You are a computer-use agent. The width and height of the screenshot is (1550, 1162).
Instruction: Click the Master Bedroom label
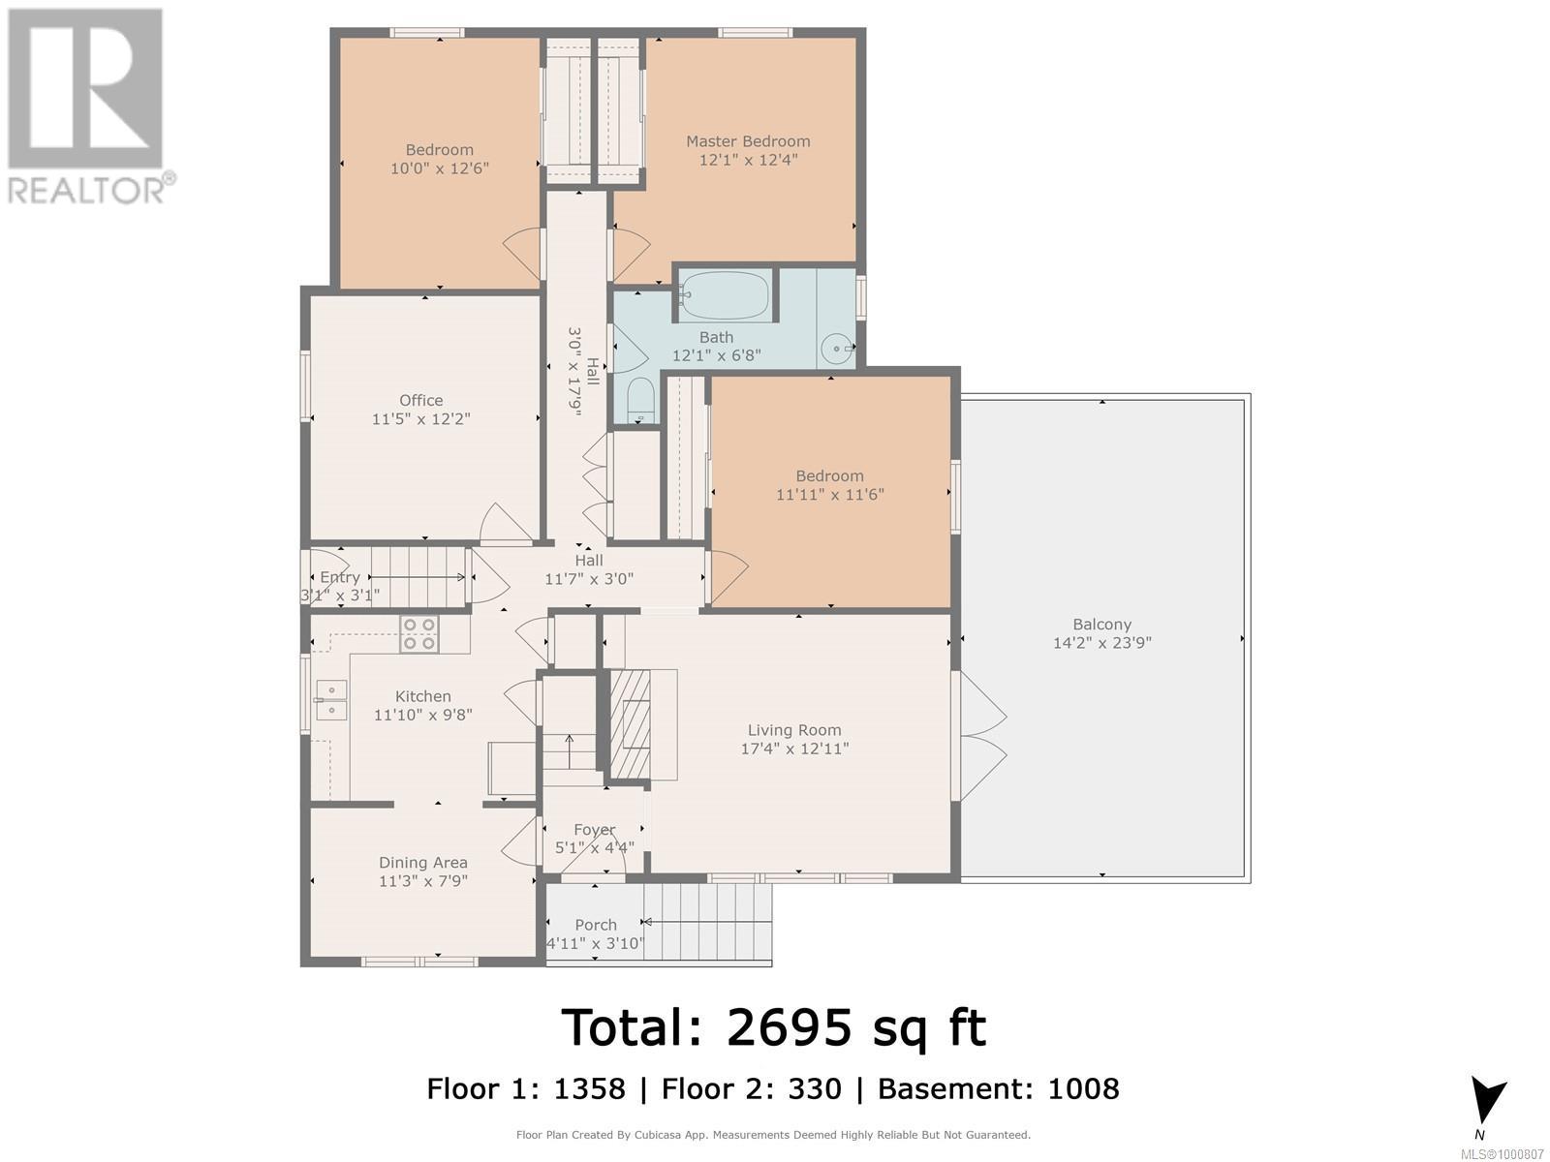pos(748,141)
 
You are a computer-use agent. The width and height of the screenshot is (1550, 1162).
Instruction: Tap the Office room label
pos(420,400)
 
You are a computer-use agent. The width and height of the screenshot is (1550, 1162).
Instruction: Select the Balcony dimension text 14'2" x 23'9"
pos(1101,643)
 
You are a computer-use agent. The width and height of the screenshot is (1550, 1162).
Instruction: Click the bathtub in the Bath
pos(725,295)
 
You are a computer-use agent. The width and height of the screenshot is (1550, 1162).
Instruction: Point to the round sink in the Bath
pos(837,348)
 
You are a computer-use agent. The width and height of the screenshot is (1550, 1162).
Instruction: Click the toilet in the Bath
pos(641,400)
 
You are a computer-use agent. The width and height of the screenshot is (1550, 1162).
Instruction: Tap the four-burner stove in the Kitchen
pos(418,633)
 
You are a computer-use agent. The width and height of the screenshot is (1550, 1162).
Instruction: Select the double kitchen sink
pos(330,700)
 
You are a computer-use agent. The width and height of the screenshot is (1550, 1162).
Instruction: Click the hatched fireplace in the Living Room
pos(630,724)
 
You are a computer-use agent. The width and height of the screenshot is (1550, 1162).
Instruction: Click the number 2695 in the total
pos(790,1027)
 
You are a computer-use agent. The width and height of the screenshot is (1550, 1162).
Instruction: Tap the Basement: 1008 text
pos(998,1088)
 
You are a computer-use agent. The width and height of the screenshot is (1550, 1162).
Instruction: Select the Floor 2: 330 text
pos(752,1088)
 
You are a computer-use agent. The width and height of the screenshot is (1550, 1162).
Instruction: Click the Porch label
pos(595,924)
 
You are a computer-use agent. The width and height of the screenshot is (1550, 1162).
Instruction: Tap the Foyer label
pos(595,830)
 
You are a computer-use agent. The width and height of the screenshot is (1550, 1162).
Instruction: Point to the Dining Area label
pos(423,862)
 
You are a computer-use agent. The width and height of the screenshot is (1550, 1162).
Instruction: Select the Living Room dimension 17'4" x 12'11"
pos(794,749)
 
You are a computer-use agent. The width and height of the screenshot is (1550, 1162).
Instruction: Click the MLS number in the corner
pos(1502,1154)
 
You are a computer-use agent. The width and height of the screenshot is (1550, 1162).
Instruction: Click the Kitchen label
pos(423,696)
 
